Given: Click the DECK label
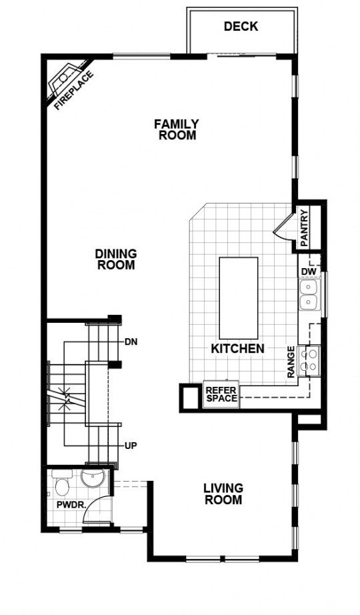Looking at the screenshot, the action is point(241,26).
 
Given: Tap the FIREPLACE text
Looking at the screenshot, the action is point(74,91).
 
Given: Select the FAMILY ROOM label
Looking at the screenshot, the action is point(177,129).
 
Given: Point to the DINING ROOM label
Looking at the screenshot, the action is point(116,259).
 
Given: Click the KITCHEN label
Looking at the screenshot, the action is point(237,348).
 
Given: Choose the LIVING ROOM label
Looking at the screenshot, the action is point(223,494).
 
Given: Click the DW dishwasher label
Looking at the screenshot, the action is point(307,271).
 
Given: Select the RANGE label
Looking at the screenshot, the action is point(291,362).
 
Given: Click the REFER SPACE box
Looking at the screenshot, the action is point(221,395).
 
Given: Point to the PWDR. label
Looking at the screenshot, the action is point(71,504).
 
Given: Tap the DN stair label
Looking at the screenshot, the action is point(131,342).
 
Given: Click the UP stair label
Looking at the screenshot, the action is point(131,446).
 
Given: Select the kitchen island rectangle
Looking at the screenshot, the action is point(239,298).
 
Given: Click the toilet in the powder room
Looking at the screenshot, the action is point(61,482).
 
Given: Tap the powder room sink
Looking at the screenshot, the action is point(92,478).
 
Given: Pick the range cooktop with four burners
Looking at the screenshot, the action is point(308,360).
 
